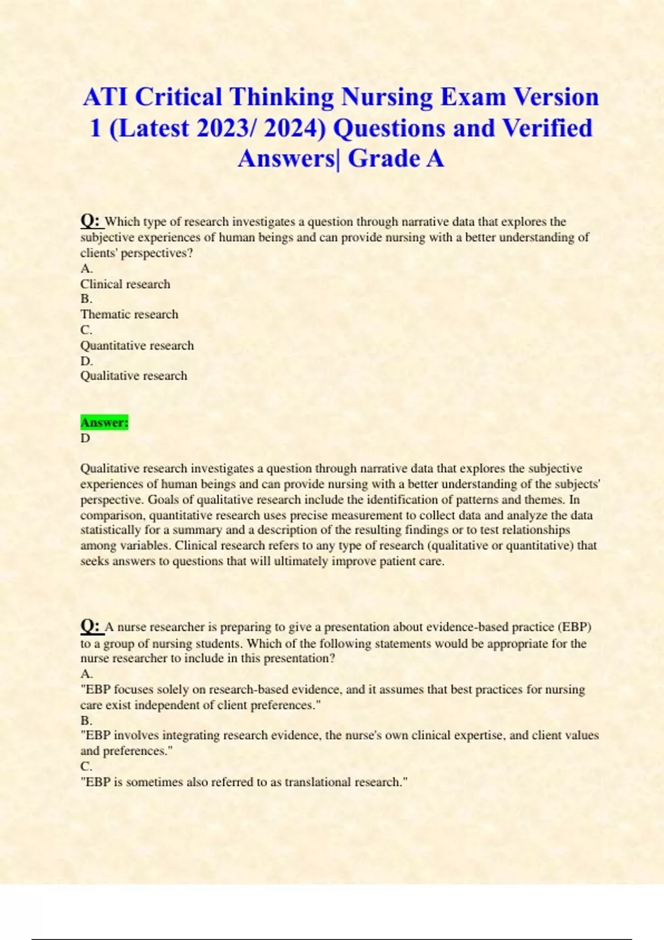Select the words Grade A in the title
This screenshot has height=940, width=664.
click(x=396, y=159)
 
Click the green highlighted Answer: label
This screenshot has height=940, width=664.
click(x=104, y=422)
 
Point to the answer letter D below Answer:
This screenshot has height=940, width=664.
click(x=85, y=438)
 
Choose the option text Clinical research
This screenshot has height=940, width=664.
click(x=125, y=284)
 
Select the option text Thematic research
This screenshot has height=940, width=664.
click(x=129, y=315)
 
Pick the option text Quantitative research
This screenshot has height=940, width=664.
click(x=137, y=346)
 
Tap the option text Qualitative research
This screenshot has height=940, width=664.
click(x=133, y=376)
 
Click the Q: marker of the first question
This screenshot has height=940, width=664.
click(x=91, y=221)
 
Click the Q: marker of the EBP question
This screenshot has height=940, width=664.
click(x=91, y=626)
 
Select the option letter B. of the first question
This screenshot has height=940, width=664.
click(x=86, y=299)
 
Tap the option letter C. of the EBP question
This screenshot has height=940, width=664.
click(x=86, y=767)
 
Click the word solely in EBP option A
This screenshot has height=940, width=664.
click(x=172, y=690)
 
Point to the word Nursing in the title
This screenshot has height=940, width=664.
click(x=387, y=97)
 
